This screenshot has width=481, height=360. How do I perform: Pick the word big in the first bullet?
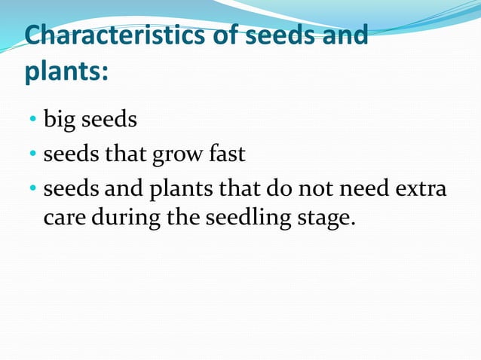pos(59,120)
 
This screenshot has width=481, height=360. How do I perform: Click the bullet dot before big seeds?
pos(33,120)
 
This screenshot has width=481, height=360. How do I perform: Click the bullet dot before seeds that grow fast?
pos(33,155)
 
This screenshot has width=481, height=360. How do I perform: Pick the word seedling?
pos(249,219)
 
